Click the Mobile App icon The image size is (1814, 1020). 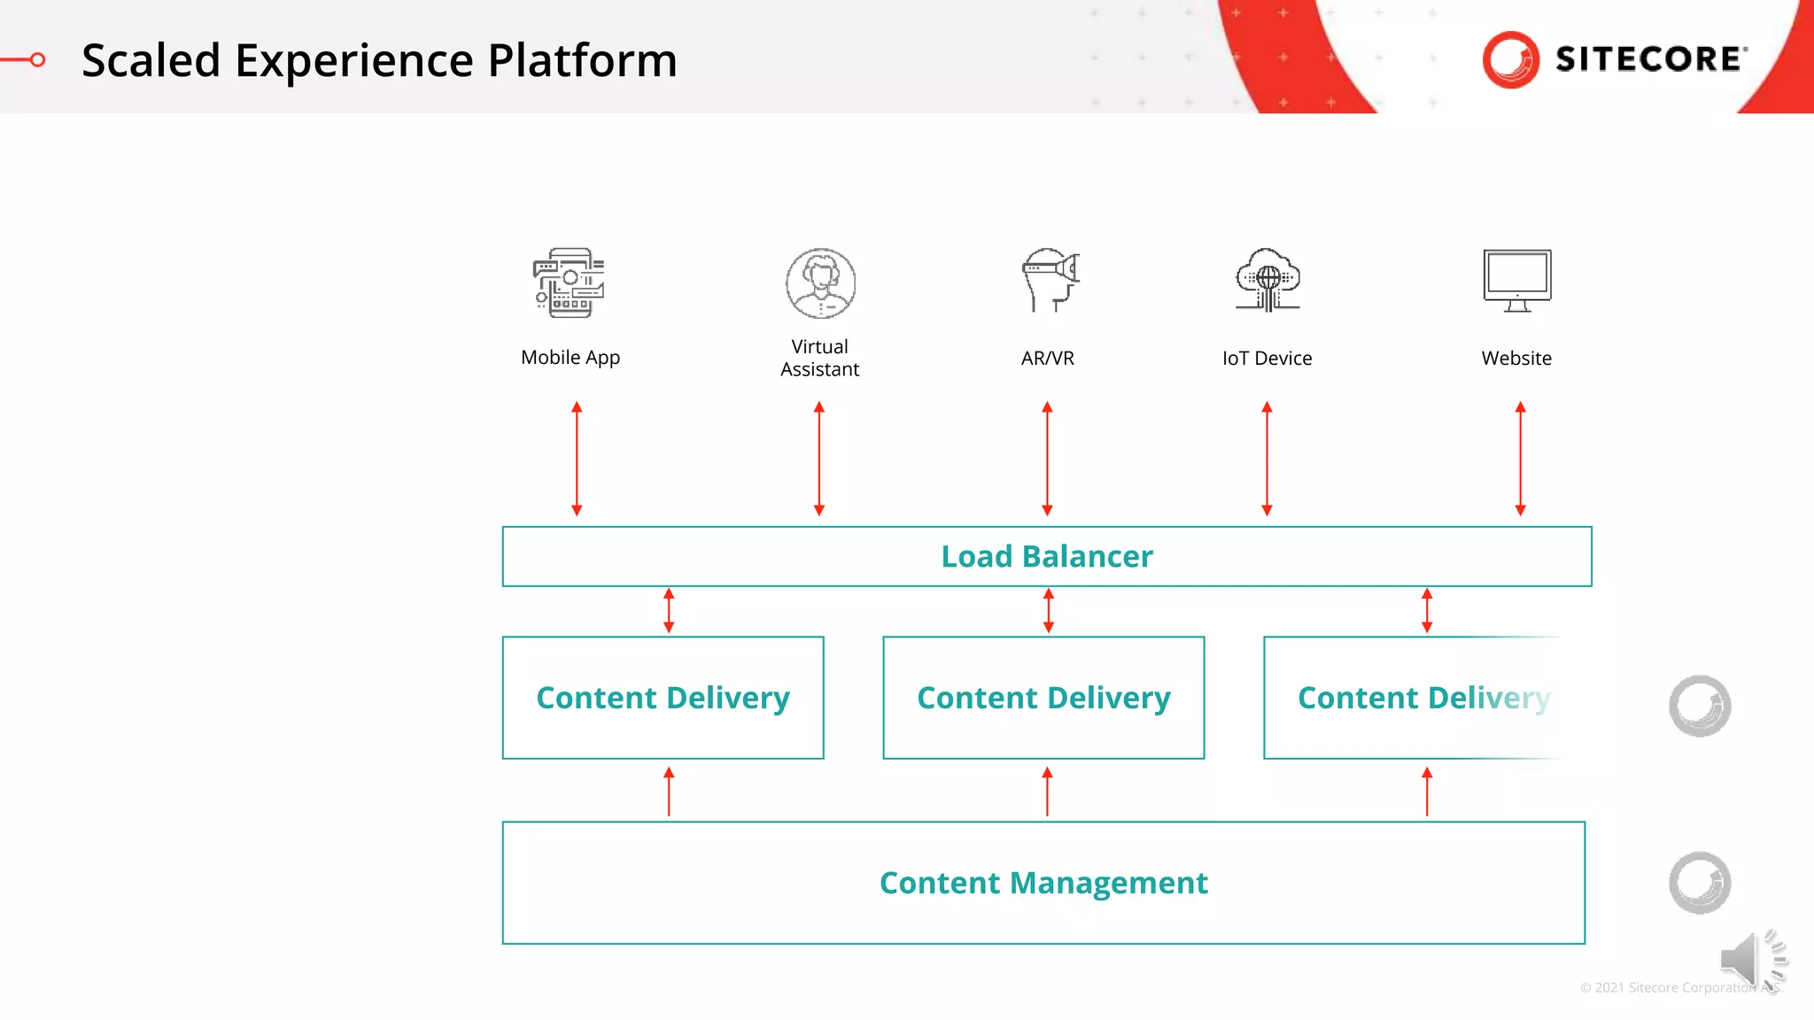[570, 282]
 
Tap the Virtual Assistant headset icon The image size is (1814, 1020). [820, 283]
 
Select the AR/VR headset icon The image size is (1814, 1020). [1050, 280]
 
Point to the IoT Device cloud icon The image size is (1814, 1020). [1267, 280]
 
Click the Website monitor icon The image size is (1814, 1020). [1517, 281]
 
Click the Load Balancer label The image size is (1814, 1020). [1047, 556]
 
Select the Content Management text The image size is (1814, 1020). [1043, 883]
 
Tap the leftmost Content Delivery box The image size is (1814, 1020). [663, 698]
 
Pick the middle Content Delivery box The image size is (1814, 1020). [1043, 698]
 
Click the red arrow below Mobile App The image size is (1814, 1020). [577, 459]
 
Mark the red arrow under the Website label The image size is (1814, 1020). [1520, 459]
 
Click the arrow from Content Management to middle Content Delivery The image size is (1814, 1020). [1047, 791]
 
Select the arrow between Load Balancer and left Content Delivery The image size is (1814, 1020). [669, 611]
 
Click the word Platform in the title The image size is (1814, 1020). [582, 60]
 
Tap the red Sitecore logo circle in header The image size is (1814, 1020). [1511, 59]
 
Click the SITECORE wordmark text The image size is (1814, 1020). [1650, 59]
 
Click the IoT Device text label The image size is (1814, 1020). [1267, 359]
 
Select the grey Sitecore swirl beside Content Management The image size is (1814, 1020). [1700, 883]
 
